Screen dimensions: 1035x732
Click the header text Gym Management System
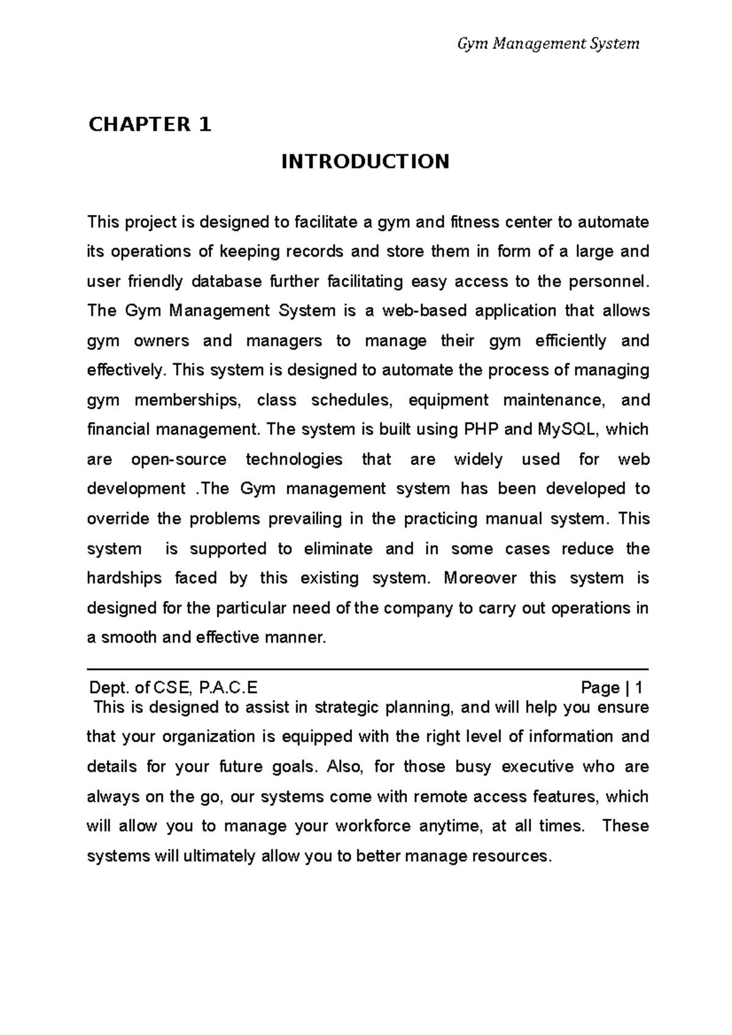point(548,44)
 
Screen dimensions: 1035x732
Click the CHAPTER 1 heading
point(149,125)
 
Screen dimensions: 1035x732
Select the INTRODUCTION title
point(365,162)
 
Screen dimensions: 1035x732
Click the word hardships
point(124,578)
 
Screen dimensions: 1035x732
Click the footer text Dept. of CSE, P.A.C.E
point(173,688)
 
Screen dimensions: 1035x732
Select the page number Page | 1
point(611,688)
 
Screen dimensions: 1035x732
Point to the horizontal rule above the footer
point(368,669)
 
